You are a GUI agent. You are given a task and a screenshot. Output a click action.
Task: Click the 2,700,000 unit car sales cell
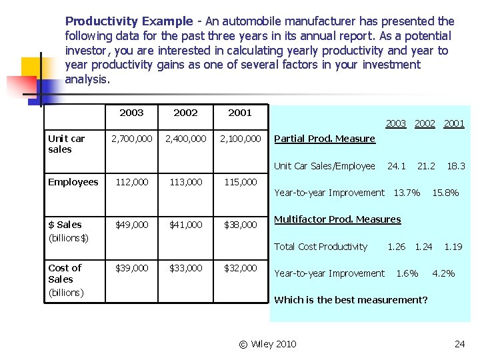(131, 139)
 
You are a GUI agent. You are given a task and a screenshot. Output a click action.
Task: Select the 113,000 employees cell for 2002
(185, 182)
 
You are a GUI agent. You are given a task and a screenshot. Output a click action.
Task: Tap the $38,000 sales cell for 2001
(240, 225)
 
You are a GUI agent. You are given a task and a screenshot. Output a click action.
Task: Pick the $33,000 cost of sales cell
(185, 268)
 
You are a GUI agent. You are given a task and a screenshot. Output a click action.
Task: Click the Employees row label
(73, 182)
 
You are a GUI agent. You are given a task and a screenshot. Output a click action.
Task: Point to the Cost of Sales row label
(65, 279)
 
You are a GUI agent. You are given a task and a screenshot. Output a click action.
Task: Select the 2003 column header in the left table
(131, 113)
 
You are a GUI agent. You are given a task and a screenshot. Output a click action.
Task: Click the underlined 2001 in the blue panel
(454, 123)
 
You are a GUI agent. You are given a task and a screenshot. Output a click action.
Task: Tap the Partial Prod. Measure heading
(325, 139)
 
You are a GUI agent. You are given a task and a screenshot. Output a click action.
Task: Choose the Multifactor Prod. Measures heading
(337, 219)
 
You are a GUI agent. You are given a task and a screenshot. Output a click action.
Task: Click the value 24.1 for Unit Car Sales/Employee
(397, 166)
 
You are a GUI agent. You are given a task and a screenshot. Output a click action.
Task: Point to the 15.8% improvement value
(445, 193)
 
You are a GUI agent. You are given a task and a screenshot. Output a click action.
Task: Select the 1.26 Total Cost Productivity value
(397, 247)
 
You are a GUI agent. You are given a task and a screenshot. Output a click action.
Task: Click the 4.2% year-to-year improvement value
(443, 273)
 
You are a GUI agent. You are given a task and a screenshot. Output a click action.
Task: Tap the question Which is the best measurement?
(351, 300)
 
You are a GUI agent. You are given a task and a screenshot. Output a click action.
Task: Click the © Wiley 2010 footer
(267, 344)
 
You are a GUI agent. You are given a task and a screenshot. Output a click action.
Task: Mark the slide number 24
(459, 344)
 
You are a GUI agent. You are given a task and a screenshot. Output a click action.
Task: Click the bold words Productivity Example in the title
(128, 21)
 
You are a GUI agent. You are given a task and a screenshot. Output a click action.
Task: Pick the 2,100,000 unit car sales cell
(240, 139)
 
